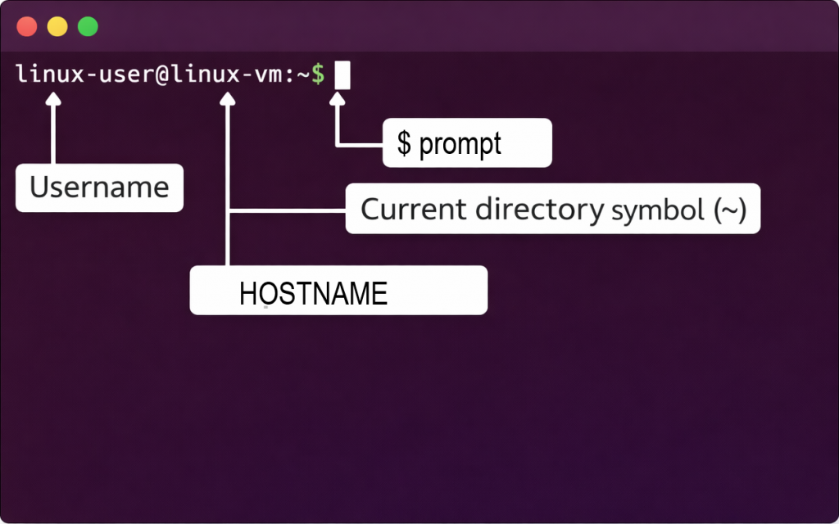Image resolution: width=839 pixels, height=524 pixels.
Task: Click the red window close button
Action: point(27,27)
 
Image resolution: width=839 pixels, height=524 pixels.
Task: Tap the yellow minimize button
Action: point(57,27)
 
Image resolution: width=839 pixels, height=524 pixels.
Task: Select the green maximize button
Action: point(88,27)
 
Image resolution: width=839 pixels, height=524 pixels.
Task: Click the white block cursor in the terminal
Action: point(342,75)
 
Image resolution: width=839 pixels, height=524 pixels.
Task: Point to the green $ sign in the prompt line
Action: point(318,75)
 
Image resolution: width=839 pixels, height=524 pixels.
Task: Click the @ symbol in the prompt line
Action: point(161,75)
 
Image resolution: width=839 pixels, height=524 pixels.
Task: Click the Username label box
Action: point(99,188)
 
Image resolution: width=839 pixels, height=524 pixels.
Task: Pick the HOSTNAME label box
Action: point(338,291)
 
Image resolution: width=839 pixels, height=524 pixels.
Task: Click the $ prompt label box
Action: point(467,143)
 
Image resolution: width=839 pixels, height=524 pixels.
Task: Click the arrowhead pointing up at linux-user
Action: point(54,98)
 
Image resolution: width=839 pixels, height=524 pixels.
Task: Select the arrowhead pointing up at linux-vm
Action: point(228,98)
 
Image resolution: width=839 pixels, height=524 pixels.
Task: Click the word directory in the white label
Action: point(540,210)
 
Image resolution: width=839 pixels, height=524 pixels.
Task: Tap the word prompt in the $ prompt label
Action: point(460,144)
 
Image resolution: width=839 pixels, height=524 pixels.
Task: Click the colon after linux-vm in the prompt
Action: point(289,75)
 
